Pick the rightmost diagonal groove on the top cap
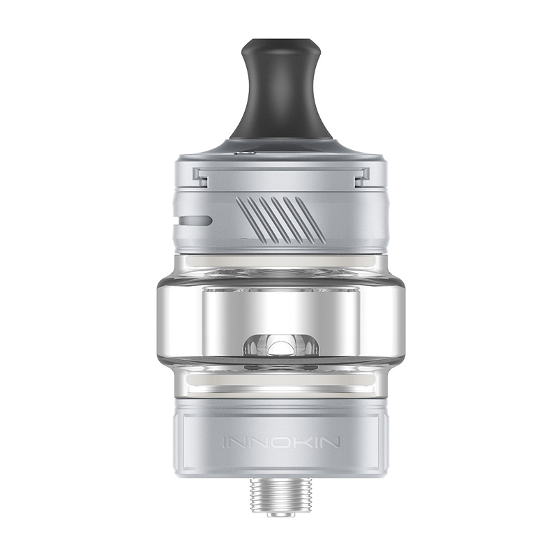312,219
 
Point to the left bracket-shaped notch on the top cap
202,177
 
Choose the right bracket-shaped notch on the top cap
361,177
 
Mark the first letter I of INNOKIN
224,442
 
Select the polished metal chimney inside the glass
279,307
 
